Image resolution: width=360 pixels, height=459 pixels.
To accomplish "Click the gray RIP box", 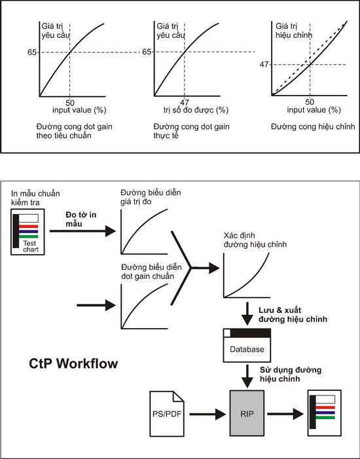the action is tap(247, 413).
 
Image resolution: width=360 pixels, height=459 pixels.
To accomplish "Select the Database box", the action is tap(247, 346).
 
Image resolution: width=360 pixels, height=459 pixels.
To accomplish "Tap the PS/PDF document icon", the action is tap(167, 414).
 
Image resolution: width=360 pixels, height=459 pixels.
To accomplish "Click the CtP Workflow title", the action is tap(73, 363).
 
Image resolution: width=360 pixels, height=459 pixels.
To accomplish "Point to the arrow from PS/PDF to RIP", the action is tap(207, 414).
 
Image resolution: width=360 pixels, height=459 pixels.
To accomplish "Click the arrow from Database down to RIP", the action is tap(247, 376).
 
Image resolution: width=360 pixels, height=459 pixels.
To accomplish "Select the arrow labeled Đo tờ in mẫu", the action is tap(82, 231).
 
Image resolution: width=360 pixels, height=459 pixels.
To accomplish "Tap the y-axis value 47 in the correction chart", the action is tap(264, 64).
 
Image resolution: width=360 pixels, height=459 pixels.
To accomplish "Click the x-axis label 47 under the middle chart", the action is tap(185, 102).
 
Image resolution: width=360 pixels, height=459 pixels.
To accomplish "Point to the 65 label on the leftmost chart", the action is tap(32, 52).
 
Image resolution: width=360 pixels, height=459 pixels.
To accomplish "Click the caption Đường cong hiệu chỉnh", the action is tap(313, 126).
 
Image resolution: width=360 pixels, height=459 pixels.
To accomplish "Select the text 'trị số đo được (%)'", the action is tap(196, 110).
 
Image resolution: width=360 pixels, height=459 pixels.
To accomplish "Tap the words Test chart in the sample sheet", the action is tap(31, 246).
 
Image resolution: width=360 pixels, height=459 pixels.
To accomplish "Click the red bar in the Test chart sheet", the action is tap(28, 227).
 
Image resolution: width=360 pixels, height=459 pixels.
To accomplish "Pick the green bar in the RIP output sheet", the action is tap(325, 418).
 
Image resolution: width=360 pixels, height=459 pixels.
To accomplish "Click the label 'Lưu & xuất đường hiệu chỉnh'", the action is tap(293, 315).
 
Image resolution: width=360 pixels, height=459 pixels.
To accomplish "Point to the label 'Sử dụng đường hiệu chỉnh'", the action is tap(291, 375).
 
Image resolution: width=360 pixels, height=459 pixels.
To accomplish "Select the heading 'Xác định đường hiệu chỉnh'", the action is tap(255, 240).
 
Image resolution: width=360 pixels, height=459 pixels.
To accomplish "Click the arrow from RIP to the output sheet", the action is tap(285, 414).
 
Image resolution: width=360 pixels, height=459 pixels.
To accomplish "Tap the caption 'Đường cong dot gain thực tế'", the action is tap(191, 131).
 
